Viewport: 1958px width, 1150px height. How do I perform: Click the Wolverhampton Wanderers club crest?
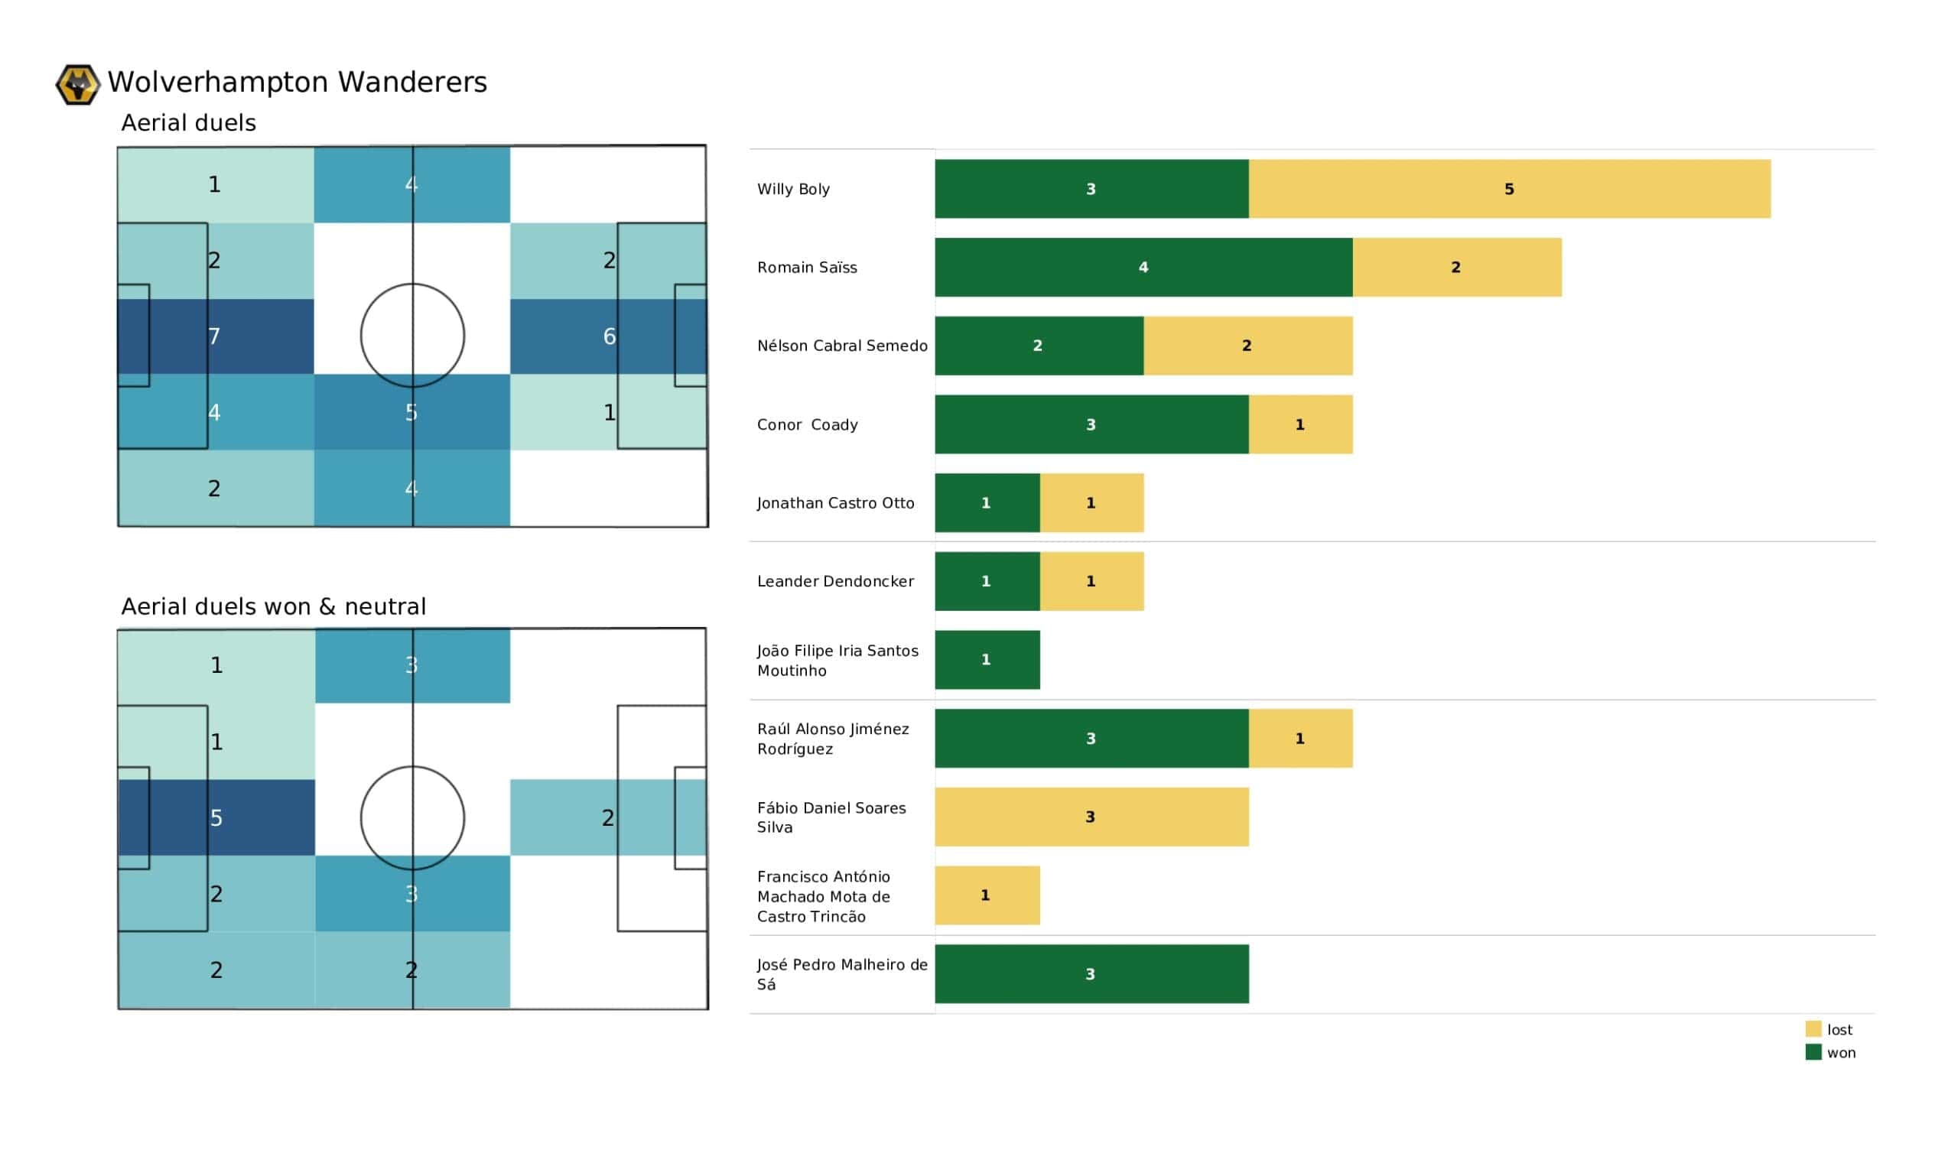[x=78, y=84]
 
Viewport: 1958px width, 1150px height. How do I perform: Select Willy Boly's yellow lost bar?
[x=1509, y=189]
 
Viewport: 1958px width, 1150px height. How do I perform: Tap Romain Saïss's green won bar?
[x=1143, y=268]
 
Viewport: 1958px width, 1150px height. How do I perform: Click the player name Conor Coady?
[x=807, y=425]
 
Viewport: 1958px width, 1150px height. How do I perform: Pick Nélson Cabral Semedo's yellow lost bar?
[x=1247, y=346]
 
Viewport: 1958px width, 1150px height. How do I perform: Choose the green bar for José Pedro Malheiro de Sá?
[x=1091, y=974]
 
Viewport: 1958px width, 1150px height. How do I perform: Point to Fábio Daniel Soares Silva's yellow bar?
[x=1091, y=817]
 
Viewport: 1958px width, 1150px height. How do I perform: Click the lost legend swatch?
[x=1813, y=1029]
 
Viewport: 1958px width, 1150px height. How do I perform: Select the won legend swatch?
[x=1813, y=1053]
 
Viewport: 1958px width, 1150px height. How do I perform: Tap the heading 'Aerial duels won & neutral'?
[x=274, y=607]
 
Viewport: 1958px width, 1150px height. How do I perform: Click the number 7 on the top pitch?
[x=214, y=336]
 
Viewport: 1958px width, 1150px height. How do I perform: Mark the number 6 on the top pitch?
[x=609, y=336]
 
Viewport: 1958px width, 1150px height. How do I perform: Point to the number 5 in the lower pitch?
[x=216, y=818]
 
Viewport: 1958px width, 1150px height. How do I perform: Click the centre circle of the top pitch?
[x=412, y=336]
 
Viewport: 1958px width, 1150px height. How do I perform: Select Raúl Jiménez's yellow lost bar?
[x=1300, y=739]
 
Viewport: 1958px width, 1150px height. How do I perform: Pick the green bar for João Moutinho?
[x=987, y=660]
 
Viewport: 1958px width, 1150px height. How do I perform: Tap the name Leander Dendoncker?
[x=835, y=582]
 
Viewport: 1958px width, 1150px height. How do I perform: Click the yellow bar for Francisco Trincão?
[x=987, y=896]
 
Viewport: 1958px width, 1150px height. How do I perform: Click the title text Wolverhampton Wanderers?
[x=298, y=83]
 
